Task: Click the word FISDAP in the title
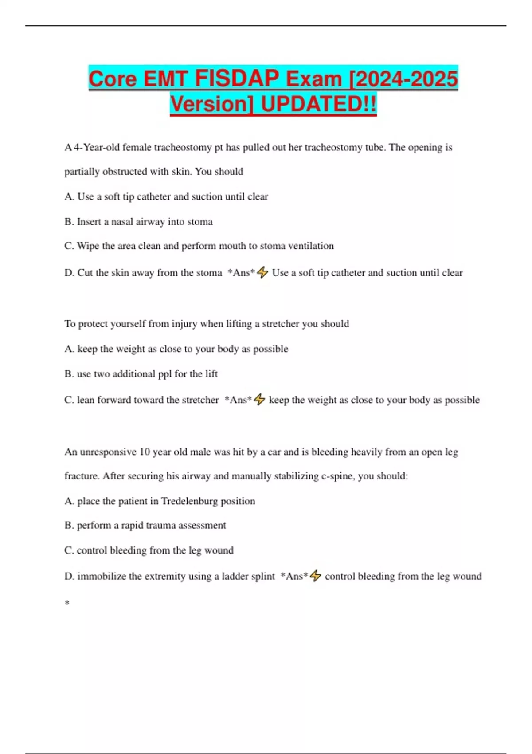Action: coord(237,79)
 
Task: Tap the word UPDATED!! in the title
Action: coord(318,105)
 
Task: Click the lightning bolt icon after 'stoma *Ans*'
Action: coord(262,272)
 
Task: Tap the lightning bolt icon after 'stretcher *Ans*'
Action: coord(259,400)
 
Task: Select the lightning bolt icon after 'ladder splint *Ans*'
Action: coord(315,576)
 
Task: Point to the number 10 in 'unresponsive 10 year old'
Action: coord(145,452)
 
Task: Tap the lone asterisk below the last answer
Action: coord(67,603)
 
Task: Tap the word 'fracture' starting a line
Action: coord(82,476)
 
